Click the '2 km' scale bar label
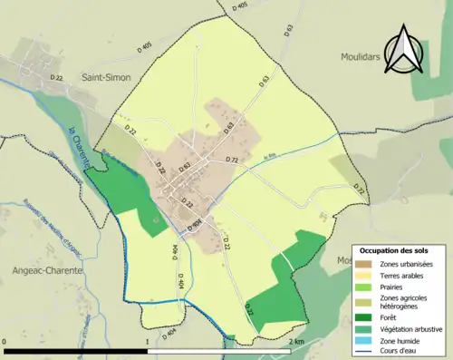coord(296,342)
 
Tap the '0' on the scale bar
coord(5,342)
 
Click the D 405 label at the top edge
coord(239,6)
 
